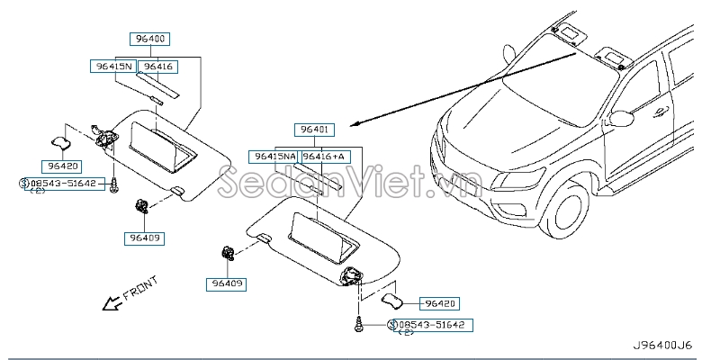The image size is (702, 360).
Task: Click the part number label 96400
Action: pos(149,39)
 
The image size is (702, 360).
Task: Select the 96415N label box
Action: pos(113,67)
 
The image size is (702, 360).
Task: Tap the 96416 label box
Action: pos(158,67)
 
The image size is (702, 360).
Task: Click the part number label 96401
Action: pos(314,130)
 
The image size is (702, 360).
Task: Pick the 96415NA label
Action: pos(274,157)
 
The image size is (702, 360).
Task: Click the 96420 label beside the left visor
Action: pos(62,166)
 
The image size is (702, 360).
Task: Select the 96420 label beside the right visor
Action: pos(439,303)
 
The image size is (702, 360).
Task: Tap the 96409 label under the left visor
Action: pos(144,238)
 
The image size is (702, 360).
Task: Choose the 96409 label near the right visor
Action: pos(226,283)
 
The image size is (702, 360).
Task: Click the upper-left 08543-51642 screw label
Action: pos(64,184)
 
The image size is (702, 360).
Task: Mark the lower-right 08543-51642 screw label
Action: pos(432,325)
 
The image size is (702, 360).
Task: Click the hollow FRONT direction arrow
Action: pos(112,304)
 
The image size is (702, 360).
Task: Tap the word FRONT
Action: pos(140,288)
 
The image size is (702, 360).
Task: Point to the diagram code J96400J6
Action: pos(661,345)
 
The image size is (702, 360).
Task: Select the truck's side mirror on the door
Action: pos(620,118)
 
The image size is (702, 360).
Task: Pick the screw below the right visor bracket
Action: pos(358,325)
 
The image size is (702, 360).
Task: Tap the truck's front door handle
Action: pos(661,112)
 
